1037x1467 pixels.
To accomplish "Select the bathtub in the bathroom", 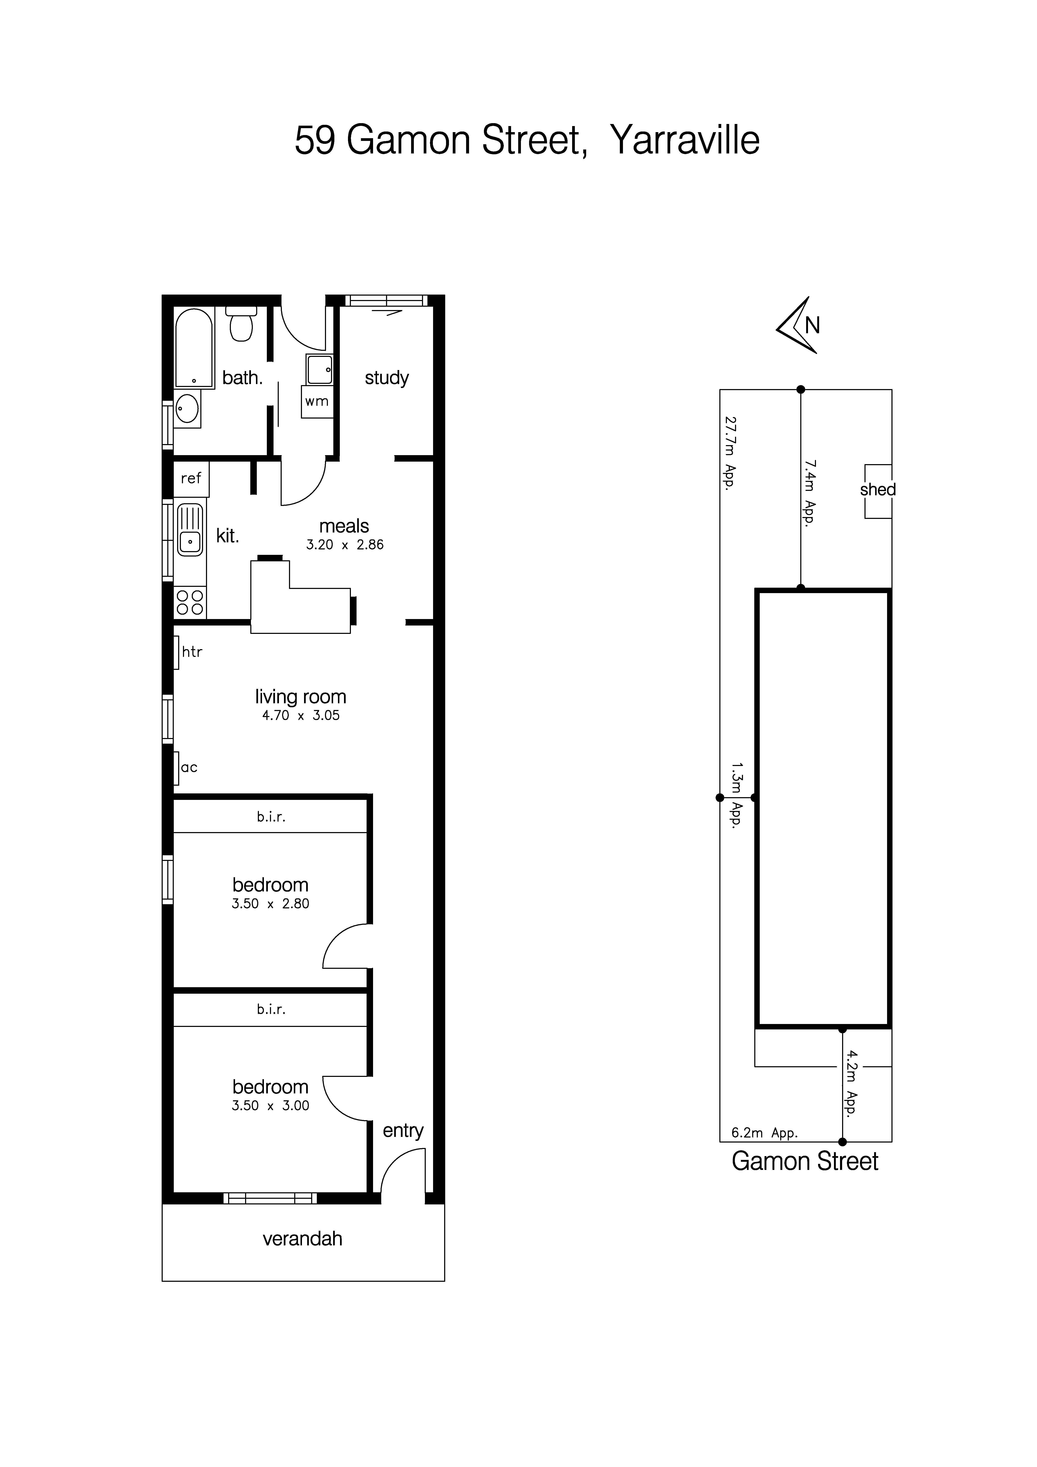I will pyautogui.click(x=194, y=348).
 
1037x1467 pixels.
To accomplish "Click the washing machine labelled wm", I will pyautogui.click(x=317, y=401).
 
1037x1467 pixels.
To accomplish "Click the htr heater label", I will pyautogui.click(x=192, y=652).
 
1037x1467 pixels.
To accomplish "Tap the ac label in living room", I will pyautogui.click(x=189, y=767).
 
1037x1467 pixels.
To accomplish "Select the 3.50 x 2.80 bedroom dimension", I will pyautogui.click(x=270, y=903).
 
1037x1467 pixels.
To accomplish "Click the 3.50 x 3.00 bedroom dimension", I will pyautogui.click(x=270, y=1105).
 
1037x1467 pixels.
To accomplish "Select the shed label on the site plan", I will pyautogui.click(x=877, y=490).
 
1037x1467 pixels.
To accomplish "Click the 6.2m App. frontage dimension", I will pyautogui.click(x=764, y=1133).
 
